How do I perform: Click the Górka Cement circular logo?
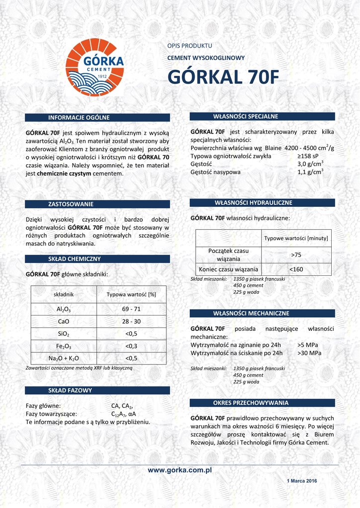(95, 67)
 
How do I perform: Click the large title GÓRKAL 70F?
(223, 78)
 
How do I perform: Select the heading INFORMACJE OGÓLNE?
(78, 118)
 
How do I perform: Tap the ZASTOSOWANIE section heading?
(71, 204)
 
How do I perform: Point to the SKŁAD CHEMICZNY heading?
(74, 259)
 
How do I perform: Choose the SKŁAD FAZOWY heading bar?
(70, 390)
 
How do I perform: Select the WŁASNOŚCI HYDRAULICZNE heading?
(253, 203)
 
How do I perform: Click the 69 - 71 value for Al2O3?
(131, 309)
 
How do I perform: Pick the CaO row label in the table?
(64, 321)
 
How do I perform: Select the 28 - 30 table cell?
(131, 321)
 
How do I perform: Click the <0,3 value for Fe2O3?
(131, 346)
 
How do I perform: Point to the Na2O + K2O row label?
(64, 358)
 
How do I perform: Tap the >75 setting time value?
(296, 254)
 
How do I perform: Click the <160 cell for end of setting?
(296, 269)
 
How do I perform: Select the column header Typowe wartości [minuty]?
(296, 238)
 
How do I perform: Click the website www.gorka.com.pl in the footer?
(180, 470)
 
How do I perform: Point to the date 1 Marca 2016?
(302, 481)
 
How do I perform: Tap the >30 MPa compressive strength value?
(309, 353)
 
